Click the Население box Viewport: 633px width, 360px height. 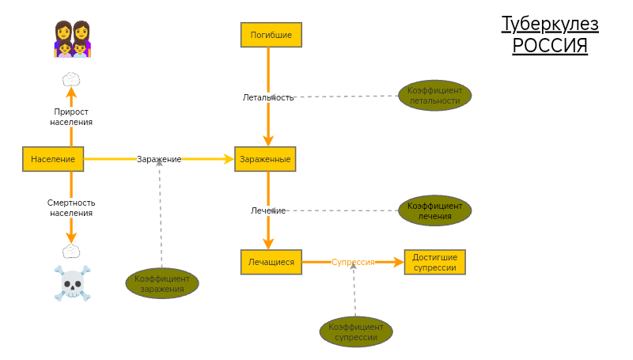coord(53,159)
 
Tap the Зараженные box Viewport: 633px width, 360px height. coord(265,159)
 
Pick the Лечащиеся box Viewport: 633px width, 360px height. coord(271,262)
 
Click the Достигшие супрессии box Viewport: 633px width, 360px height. coord(434,262)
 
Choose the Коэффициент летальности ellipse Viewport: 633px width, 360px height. coord(434,96)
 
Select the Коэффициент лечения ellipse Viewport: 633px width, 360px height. coord(434,210)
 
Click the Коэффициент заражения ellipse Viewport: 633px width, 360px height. coord(162,283)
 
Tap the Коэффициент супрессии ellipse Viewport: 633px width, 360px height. coord(356,332)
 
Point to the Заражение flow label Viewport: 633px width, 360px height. coord(159,159)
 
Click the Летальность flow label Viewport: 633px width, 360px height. coord(268,97)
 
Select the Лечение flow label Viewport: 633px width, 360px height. coord(268,210)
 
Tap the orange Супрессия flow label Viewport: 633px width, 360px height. coord(352,262)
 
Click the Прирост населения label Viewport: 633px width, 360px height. coord(71,117)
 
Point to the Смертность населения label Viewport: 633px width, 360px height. coord(71,207)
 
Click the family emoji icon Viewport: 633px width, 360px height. coord(72,40)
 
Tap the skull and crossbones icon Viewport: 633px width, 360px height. coord(72,282)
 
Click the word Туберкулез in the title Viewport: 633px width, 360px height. coord(550,25)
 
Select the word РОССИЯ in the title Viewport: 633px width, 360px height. coord(550,46)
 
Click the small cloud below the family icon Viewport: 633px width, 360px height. coord(71,79)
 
